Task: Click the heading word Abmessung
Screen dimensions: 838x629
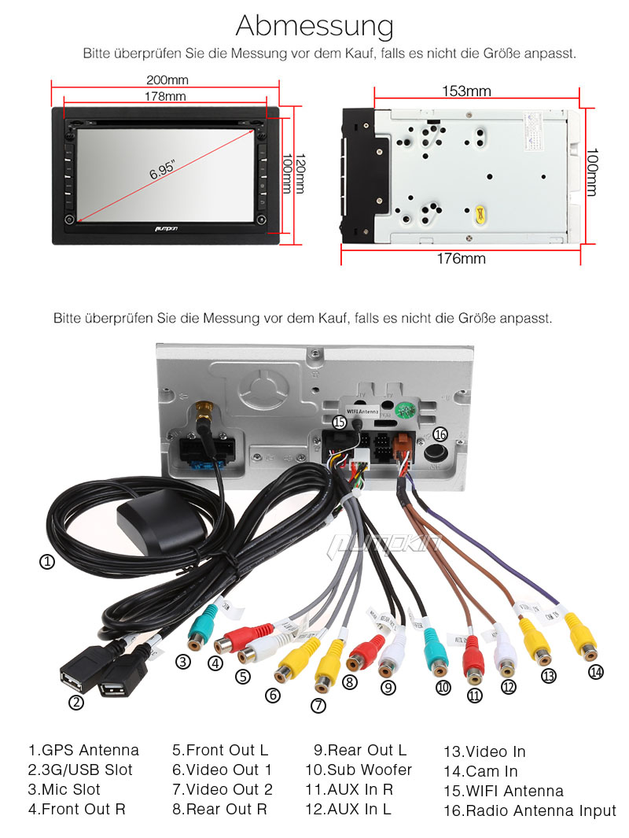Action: click(x=314, y=26)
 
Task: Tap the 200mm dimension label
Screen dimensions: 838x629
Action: click(x=167, y=80)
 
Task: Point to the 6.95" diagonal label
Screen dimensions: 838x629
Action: click(x=163, y=171)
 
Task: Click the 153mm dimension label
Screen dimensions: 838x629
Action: click(x=466, y=91)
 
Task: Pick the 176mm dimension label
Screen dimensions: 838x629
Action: click(x=462, y=258)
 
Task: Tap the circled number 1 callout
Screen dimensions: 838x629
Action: click(x=47, y=562)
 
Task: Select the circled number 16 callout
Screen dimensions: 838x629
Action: click(x=440, y=434)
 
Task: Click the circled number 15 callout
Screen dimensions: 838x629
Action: click(x=339, y=423)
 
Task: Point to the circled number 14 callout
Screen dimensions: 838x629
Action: click(x=596, y=671)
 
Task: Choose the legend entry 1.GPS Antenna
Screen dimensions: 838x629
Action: click(x=83, y=750)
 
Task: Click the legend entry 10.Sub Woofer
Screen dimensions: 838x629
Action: click(x=359, y=770)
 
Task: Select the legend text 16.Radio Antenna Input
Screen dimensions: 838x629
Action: click(x=530, y=810)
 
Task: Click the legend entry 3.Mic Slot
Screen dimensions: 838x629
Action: click(x=64, y=789)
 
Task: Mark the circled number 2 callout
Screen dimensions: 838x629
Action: click(x=76, y=703)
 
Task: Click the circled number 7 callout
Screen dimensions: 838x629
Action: click(x=318, y=705)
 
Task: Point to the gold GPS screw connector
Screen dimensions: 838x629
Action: click(x=204, y=412)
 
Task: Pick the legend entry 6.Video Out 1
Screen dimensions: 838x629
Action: click(x=222, y=770)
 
